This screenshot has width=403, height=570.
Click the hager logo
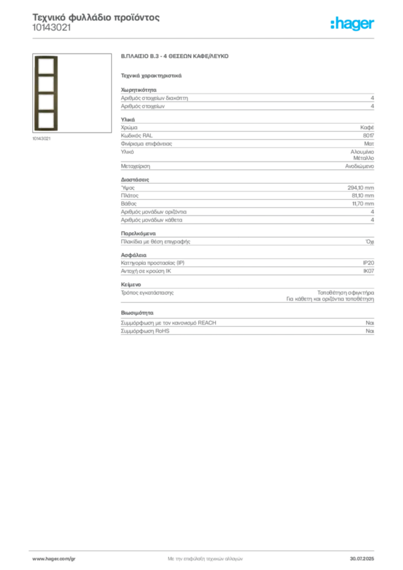click(352, 23)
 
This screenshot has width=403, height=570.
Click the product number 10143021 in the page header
click(51, 28)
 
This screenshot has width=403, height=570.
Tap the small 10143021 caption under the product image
click(41, 139)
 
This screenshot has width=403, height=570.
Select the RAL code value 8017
click(368, 136)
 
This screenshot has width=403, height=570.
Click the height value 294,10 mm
click(361, 188)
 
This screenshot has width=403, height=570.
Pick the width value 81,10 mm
click(363, 195)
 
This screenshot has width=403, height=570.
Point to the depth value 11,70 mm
click(363, 204)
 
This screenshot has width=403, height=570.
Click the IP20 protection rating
click(368, 263)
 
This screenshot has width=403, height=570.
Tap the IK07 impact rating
click(368, 271)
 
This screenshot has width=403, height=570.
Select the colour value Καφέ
click(367, 127)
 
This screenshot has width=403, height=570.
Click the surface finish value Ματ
click(369, 144)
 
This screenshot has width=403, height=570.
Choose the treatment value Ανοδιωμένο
click(360, 166)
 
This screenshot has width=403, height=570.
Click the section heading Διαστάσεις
click(135, 180)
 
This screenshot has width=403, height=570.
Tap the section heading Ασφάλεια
click(134, 255)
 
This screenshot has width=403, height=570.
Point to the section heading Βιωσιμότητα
click(137, 313)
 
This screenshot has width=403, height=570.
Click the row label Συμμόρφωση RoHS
click(145, 331)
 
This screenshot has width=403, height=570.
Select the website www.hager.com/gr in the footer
click(54, 559)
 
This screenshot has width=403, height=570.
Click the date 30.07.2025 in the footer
click(362, 559)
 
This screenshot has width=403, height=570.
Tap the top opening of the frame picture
click(46, 66)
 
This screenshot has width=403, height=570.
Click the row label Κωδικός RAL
click(136, 136)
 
